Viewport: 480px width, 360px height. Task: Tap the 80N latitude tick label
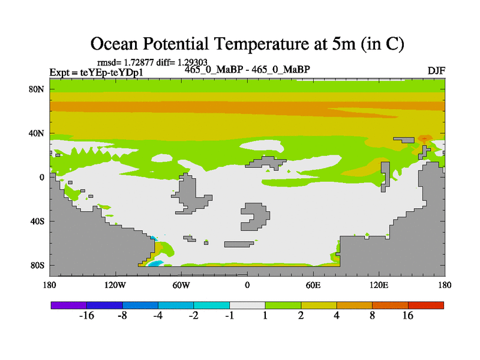[x=38, y=89]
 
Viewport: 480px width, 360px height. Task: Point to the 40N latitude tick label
[x=38, y=133]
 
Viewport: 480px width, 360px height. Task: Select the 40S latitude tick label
[x=38, y=221]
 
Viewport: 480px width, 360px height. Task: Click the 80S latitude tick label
[x=38, y=265]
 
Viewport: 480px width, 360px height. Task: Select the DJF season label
[x=436, y=71]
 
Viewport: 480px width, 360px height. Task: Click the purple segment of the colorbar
[x=68, y=305]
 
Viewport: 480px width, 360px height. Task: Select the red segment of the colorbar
[x=425, y=305]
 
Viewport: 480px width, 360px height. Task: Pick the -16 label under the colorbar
[x=87, y=316]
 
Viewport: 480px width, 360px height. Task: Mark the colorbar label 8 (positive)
[x=372, y=316]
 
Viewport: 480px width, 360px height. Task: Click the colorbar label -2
[x=193, y=316]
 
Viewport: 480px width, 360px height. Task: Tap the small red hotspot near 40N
[x=425, y=138]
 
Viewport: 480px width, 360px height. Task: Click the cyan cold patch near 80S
[x=156, y=263]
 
